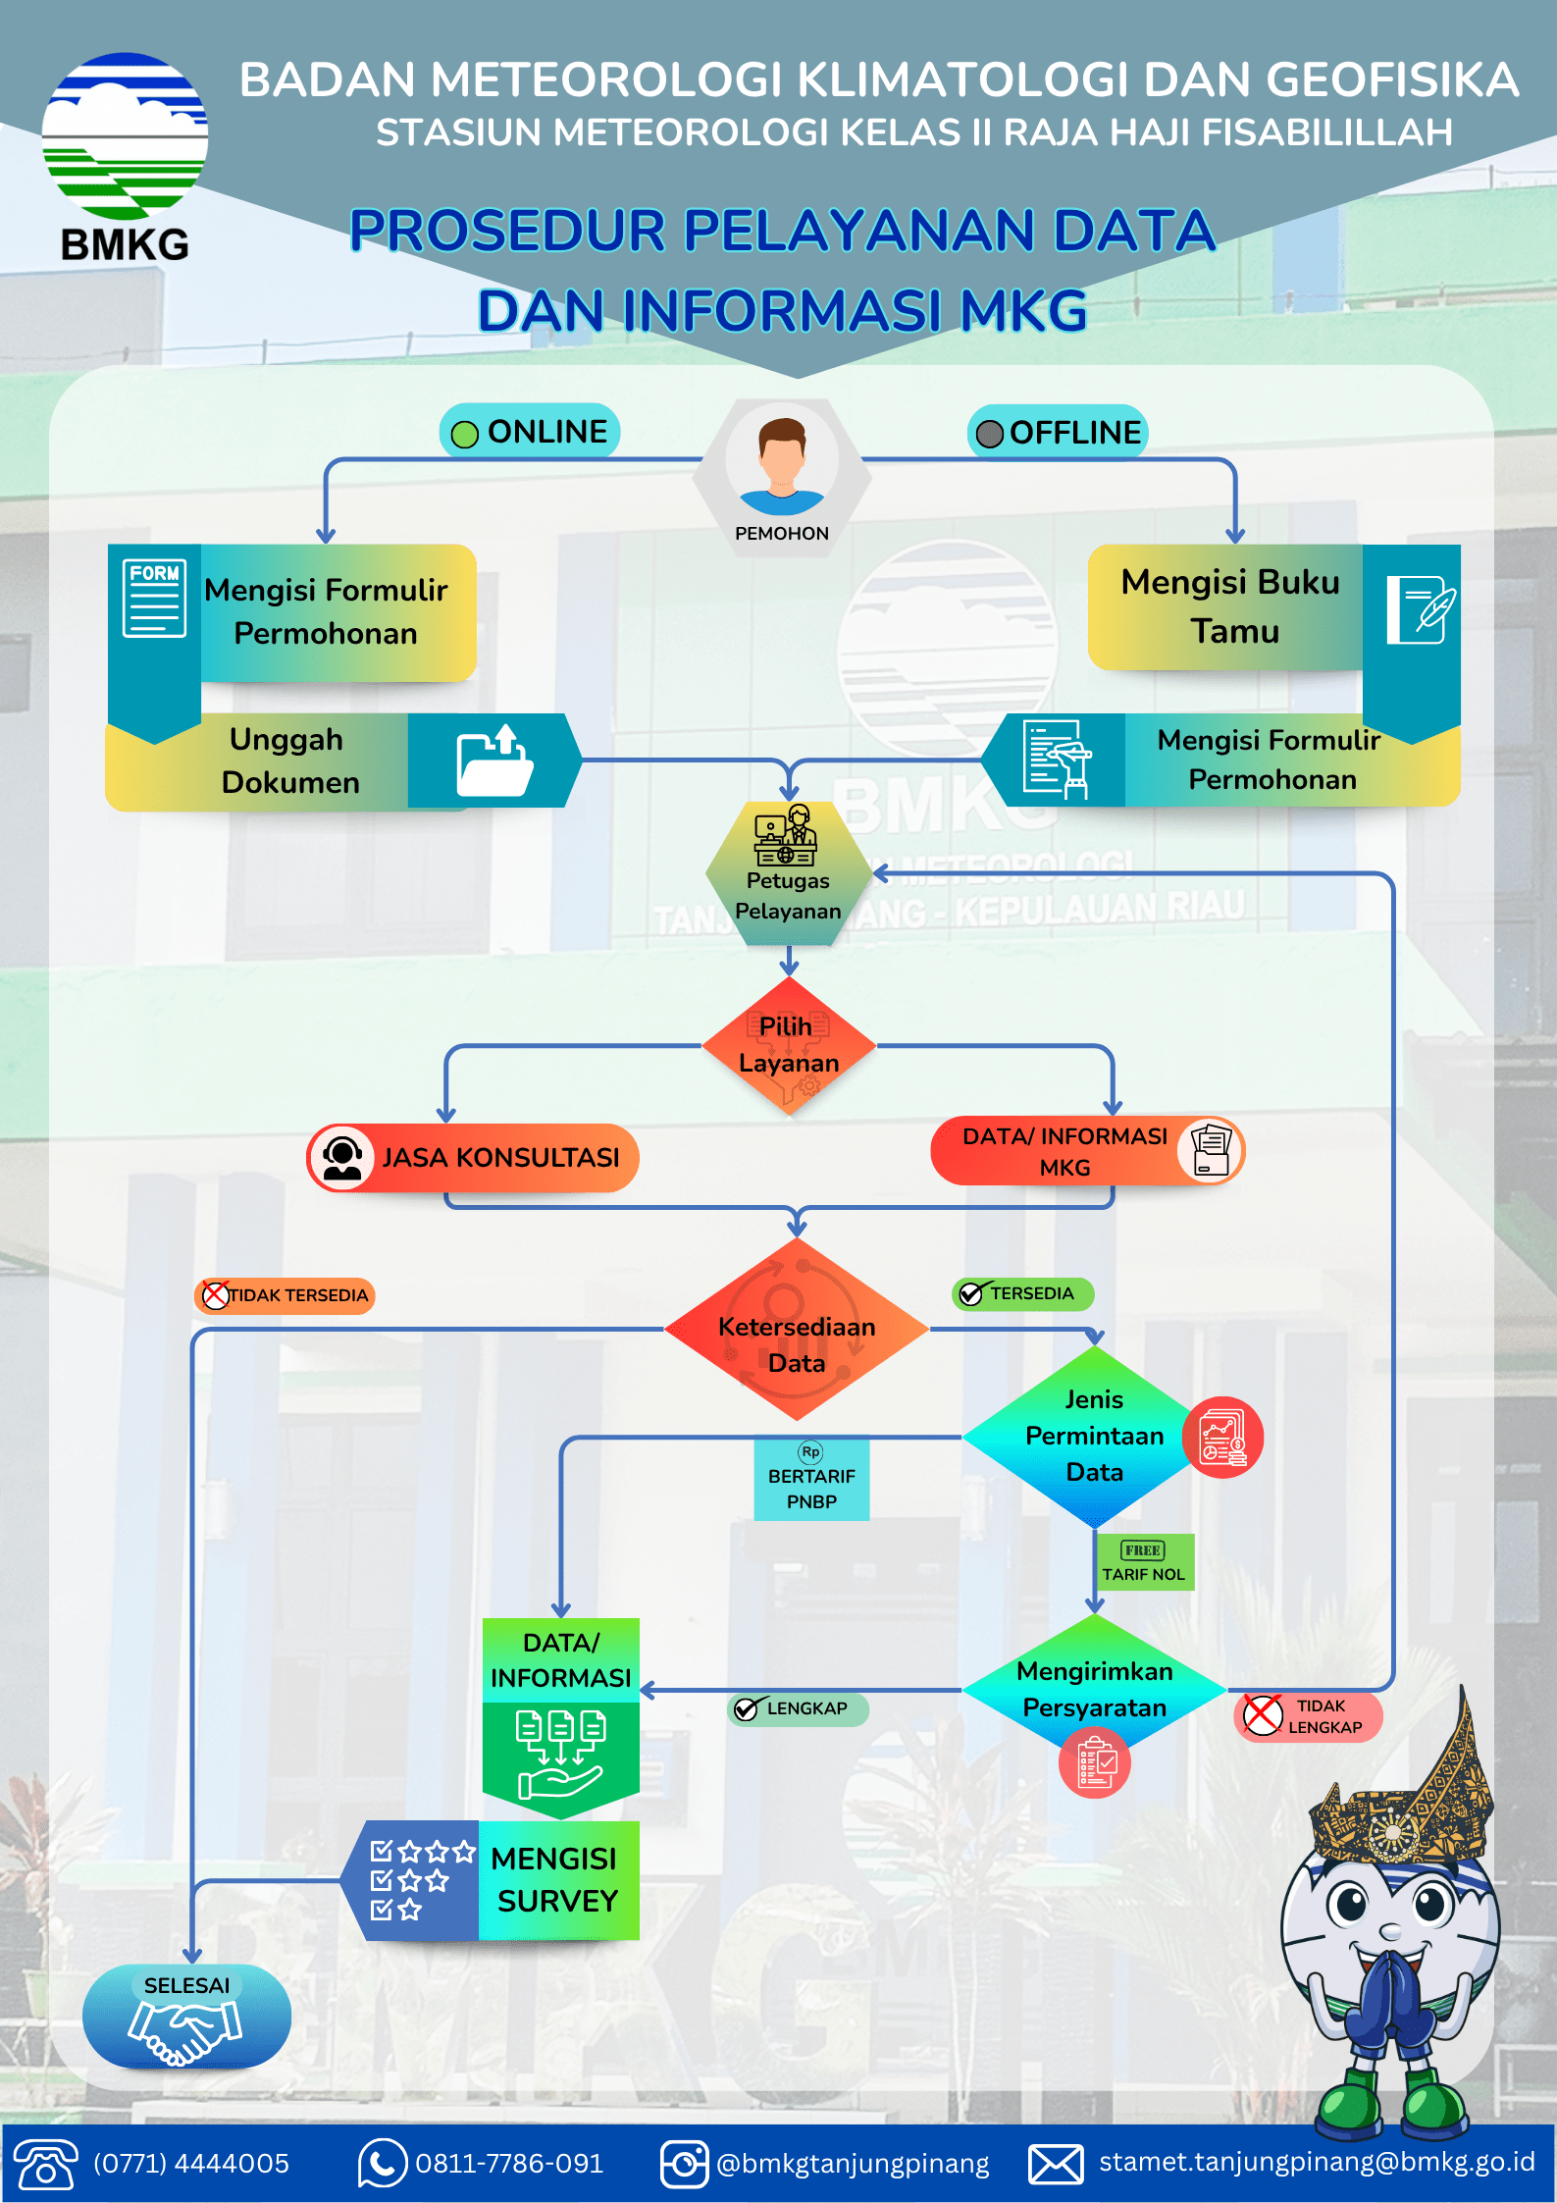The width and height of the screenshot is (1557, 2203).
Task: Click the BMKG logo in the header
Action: coord(125,157)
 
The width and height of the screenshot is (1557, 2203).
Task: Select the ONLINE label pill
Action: coord(530,432)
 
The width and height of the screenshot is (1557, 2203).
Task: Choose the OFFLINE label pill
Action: coord(1058,433)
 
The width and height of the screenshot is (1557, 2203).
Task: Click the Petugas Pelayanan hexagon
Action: coord(789,873)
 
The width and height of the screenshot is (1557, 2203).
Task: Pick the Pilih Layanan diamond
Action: coord(789,1046)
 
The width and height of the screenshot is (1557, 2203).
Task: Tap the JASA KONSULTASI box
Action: coord(473,1158)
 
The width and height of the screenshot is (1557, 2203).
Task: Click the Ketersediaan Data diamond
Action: coord(797,1329)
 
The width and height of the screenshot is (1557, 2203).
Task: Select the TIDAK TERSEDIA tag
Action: coord(285,1295)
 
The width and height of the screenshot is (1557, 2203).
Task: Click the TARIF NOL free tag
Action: coord(1144,1561)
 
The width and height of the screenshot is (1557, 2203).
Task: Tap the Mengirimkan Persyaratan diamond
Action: coord(1095,1690)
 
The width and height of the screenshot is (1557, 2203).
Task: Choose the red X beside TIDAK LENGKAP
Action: coord(1263,1714)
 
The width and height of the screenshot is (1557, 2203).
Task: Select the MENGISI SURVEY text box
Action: coord(558,1880)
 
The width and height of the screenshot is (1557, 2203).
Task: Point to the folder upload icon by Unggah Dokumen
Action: coord(495,761)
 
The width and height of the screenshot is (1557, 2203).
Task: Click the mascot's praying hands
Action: coord(1386,1997)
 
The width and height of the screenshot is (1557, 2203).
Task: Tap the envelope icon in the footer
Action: coord(1056,2164)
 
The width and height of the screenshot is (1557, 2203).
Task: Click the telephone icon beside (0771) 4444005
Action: coord(45,2163)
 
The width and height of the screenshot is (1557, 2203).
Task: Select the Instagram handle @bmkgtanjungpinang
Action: coord(853,2164)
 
